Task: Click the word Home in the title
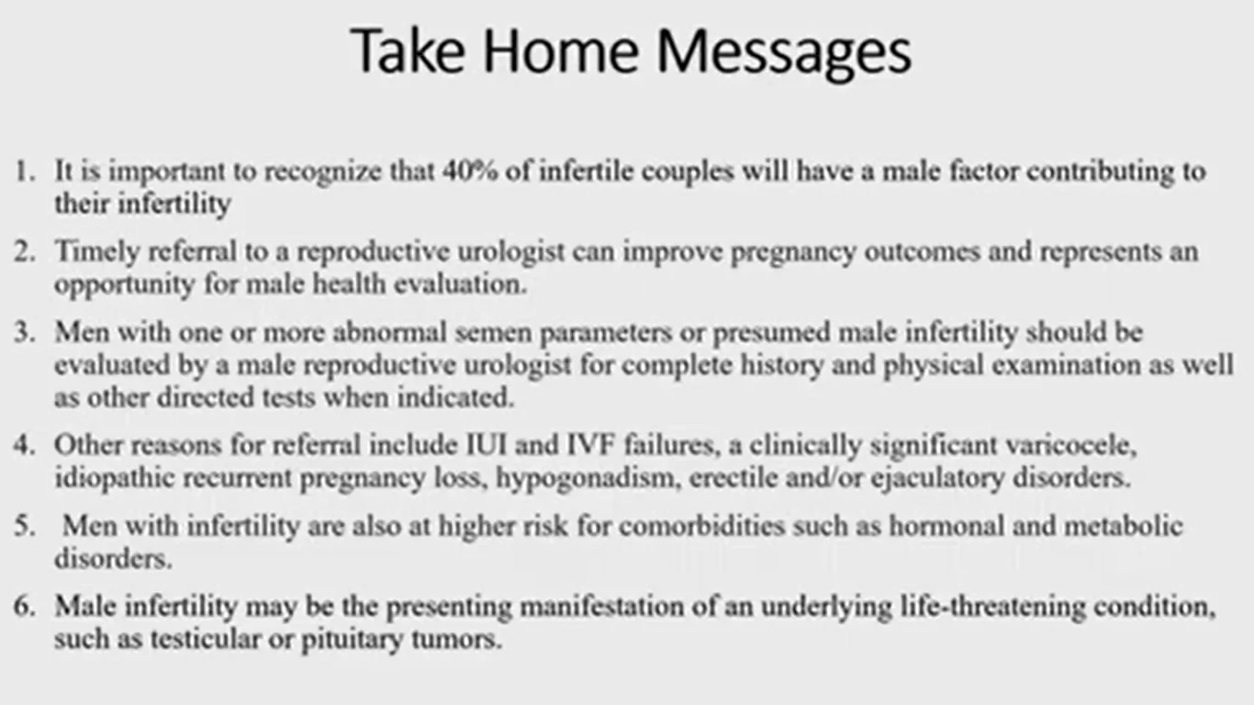pos(561,50)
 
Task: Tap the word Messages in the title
pos(784,52)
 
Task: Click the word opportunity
pos(124,285)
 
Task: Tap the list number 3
pos(25,332)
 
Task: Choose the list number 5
pos(25,526)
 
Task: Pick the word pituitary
pos(353,640)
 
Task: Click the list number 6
pos(25,607)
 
